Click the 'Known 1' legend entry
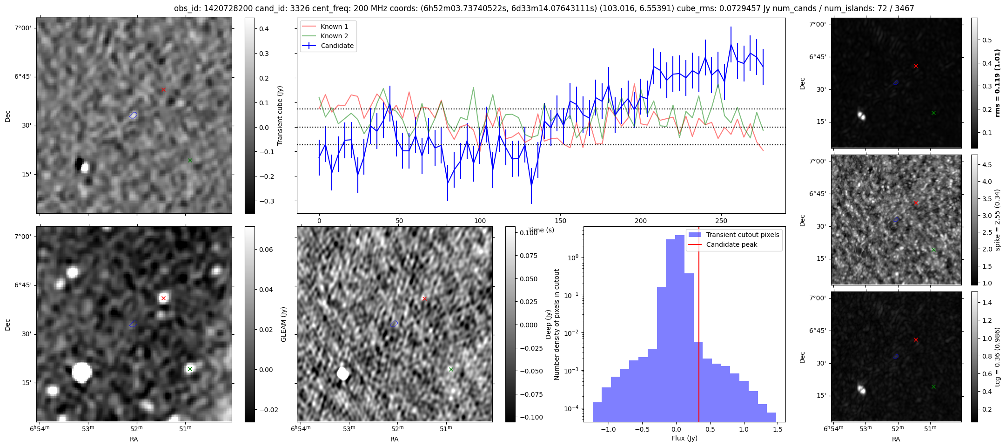[x=334, y=27]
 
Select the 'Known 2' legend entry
[x=334, y=36]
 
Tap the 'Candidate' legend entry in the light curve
[x=337, y=46]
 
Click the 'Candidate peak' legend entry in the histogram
[x=731, y=244]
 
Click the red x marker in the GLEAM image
[x=163, y=298]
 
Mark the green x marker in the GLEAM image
[x=190, y=369]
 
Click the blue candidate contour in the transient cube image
[x=134, y=115]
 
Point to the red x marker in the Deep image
[x=424, y=298]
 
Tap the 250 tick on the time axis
[x=721, y=221]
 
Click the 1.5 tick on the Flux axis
[x=778, y=430]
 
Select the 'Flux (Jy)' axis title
[x=684, y=438]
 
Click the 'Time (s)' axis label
[x=541, y=230]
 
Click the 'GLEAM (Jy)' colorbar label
[x=283, y=325]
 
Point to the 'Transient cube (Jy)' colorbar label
[x=280, y=115]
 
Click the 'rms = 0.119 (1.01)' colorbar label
[x=997, y=83]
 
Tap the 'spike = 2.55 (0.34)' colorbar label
[x=997, y=220]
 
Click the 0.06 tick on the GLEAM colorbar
[x=266, y=250]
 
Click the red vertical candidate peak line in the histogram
[x=699, y=326]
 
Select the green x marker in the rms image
[x=933, y=113]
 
